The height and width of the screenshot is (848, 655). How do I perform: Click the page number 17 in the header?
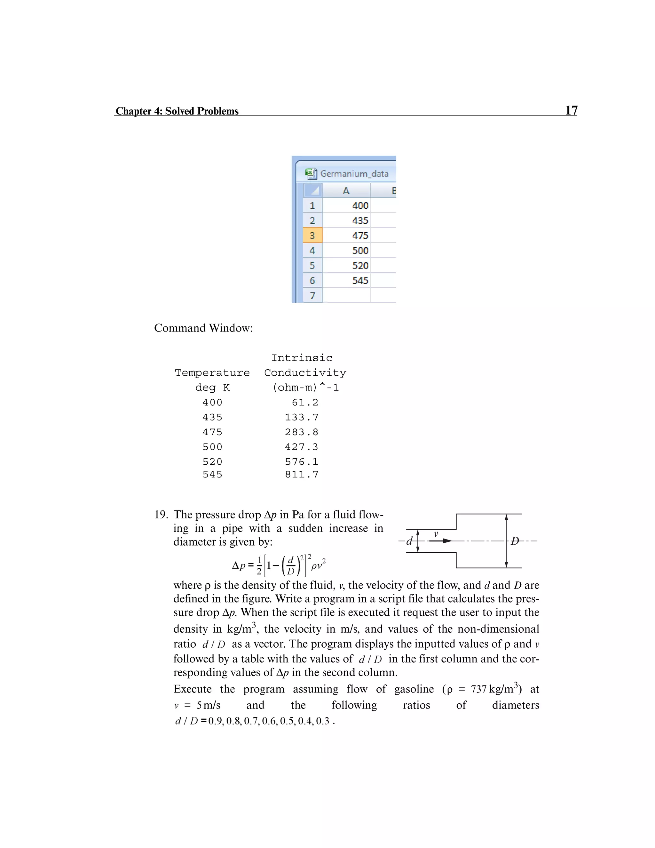571,110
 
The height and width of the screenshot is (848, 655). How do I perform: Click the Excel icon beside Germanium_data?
311,173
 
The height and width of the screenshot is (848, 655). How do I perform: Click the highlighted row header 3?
312,236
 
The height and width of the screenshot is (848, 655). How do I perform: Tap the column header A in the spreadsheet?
346,191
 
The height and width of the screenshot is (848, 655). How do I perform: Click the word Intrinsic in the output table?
302,358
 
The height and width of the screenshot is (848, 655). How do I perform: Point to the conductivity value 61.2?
305,402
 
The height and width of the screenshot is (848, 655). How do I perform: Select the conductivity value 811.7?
302,475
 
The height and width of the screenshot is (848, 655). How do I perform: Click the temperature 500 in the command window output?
212,447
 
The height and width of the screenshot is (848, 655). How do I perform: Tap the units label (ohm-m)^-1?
305,388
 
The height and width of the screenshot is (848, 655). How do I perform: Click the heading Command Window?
203,328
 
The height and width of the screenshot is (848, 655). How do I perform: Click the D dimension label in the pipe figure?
515,541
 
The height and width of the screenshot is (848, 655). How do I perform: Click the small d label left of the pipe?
409,541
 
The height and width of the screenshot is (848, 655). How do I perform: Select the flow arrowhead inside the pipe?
447,541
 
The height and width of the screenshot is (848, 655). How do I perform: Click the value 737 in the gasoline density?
478,689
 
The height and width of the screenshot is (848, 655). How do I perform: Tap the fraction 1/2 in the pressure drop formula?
259,565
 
